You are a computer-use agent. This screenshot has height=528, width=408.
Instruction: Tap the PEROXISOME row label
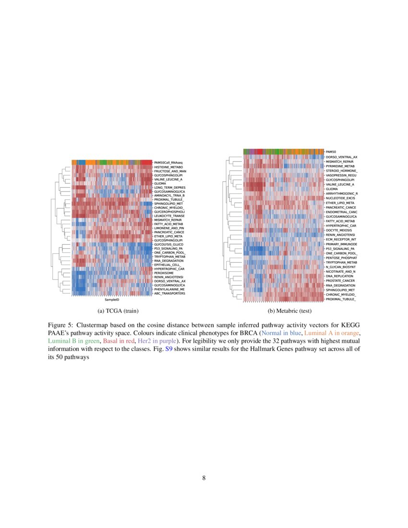pyautogui.click(x=164, y=273)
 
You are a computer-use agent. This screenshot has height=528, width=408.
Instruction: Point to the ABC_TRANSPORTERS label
pyautogui.click(x=170, y=293)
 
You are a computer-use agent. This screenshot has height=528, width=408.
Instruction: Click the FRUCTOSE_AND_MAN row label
pyautogui.click(x=170, y=171)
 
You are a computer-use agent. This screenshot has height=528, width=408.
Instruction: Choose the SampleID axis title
pyautogui.click(x=112, y=299)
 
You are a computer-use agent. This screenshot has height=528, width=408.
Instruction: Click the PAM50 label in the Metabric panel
pyautogui.click(x=331, y=152)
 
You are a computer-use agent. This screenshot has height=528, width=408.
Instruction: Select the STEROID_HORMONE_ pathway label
pyautogui.click(x=342, y=171)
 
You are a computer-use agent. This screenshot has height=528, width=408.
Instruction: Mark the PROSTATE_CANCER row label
pyautogui.click(x=340, y=281)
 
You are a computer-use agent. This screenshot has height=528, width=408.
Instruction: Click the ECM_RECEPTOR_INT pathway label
pyautogui.click(x=341, y=239)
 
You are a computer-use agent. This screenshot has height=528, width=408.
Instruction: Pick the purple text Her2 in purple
pyautogui.click(x=156, y=341)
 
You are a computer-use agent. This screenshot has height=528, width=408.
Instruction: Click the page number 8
pyautogui.click(x=204, y=478)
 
